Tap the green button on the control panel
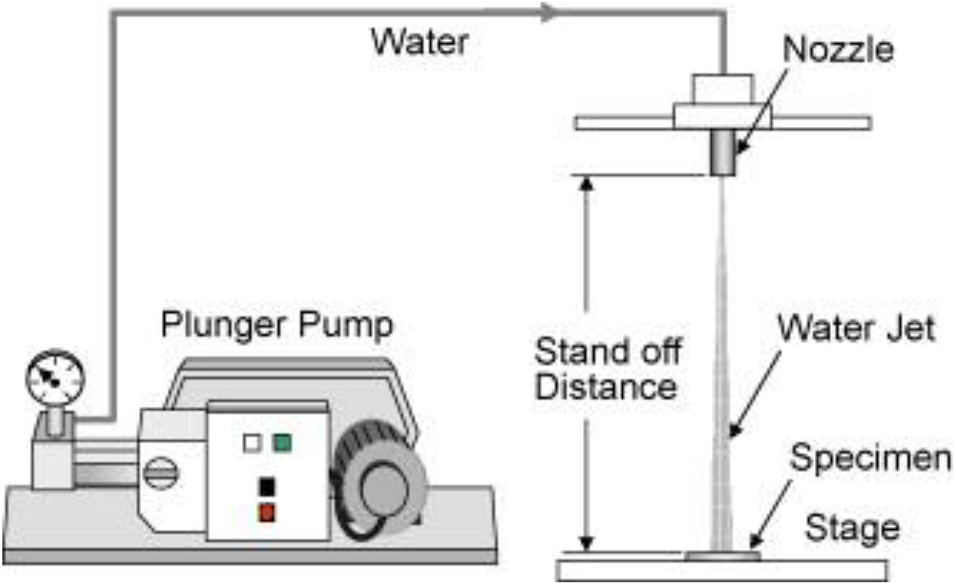click(x=282, y=443)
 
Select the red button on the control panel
click(x=267, y=513)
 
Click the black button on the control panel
click(x=267, y=486)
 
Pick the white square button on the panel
click(x=252, y=443)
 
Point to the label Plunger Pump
click(x=277, y=325)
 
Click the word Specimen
click(x=870, y=458)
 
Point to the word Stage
click(x=852, y=528)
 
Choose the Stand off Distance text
click(x=608, y=368)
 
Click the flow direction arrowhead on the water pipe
click(x=549, y=12)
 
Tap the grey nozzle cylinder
click(x=723, y=152)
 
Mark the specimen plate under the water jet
click(x=722, y=556)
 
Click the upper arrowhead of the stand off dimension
click(x=586, y=184)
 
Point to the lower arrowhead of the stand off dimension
click(x=586, y=544)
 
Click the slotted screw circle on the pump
click(x=161, y=472)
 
